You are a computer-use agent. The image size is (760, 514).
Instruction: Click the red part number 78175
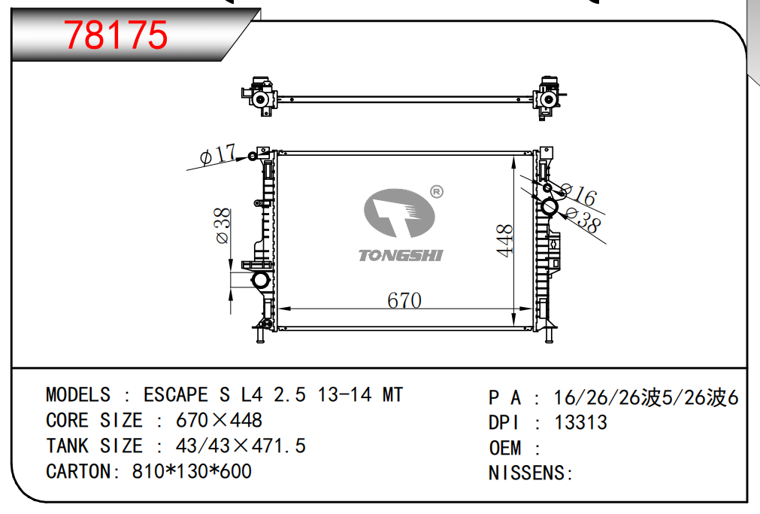point(116,35)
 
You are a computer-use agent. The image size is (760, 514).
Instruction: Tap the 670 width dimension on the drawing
point(404,300)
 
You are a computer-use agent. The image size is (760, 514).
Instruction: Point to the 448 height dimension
point(504,240)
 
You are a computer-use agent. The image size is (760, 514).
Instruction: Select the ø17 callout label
point(218,154)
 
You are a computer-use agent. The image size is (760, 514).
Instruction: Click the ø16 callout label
point(578,193)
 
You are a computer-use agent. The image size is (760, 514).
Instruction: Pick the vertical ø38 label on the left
point(223,226)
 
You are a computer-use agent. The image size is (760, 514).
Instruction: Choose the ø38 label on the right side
point(583,220)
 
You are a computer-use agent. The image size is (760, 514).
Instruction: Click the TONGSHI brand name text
point(401,255)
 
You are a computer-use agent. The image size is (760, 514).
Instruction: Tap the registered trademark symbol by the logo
point(436,192)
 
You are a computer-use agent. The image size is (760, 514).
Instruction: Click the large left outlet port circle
point(260,280)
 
